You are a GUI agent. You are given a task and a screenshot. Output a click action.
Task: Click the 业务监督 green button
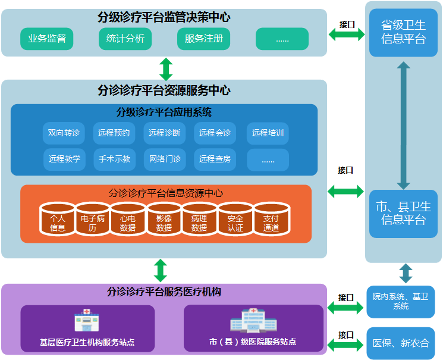47,39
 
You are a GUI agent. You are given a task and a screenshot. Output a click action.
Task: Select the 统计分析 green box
125,39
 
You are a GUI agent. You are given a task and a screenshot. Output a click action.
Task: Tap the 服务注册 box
204,39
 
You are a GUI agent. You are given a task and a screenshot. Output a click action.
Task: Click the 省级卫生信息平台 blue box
403,33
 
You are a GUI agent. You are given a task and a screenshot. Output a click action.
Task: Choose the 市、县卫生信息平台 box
403,213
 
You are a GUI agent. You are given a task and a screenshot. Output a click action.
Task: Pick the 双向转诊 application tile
64,133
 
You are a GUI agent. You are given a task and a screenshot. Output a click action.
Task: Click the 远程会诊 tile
215,133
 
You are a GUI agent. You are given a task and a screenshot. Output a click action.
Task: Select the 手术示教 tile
115,159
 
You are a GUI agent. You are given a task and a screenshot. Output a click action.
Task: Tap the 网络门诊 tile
165,159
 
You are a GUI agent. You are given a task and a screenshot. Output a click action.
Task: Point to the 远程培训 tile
268,133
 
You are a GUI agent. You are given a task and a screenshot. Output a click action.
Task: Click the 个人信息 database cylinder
58,220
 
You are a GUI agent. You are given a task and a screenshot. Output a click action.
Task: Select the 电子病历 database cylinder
93,220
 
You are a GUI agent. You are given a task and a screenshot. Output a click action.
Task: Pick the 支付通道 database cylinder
271,220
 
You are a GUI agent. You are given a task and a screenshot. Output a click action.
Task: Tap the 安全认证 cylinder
235,220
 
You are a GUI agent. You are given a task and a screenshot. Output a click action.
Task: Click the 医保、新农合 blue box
401,343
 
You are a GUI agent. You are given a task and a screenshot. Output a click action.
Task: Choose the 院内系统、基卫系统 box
401,301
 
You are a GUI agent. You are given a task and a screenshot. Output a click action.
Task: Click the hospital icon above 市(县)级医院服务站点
253,321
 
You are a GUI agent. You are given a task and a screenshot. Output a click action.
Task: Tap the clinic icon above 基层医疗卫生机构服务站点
87,321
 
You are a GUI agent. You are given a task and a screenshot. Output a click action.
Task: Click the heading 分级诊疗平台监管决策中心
164,17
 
